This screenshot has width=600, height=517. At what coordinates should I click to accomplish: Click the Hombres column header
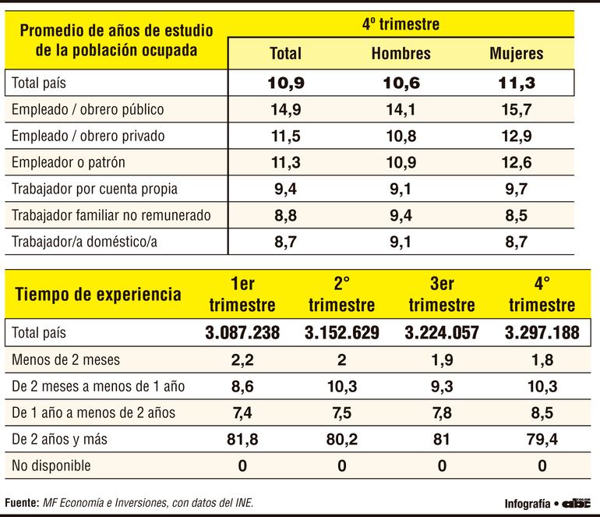(401, 54)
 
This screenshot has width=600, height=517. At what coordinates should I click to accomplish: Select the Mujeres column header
(516, 54)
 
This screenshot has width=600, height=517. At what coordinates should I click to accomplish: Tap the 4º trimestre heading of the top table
(401, 24)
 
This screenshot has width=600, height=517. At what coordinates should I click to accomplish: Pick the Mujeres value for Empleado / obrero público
(516, 110)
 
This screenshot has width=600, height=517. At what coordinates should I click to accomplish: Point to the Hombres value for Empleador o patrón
(401, 163)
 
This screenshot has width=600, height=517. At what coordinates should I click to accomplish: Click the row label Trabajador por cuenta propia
(94, 189)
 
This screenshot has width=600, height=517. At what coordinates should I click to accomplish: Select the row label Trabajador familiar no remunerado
(111, 215)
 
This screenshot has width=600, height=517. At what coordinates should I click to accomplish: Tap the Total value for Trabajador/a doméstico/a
(285, 242)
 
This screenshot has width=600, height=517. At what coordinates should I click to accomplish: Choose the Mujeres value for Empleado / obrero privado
(516, 136)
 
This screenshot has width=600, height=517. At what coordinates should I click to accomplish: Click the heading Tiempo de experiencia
(99, 294)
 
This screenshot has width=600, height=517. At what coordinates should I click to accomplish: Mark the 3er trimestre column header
(442, 294)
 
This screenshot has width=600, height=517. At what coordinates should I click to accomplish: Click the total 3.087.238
(242, 333)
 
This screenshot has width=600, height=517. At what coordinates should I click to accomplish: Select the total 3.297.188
(542, 333)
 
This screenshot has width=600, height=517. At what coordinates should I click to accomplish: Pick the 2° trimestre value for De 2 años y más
(342, 440)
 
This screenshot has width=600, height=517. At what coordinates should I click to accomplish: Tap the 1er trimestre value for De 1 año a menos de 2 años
(242, 413)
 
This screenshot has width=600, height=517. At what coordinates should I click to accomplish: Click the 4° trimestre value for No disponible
(542, 466)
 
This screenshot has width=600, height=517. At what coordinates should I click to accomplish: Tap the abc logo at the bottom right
(578, 503)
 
